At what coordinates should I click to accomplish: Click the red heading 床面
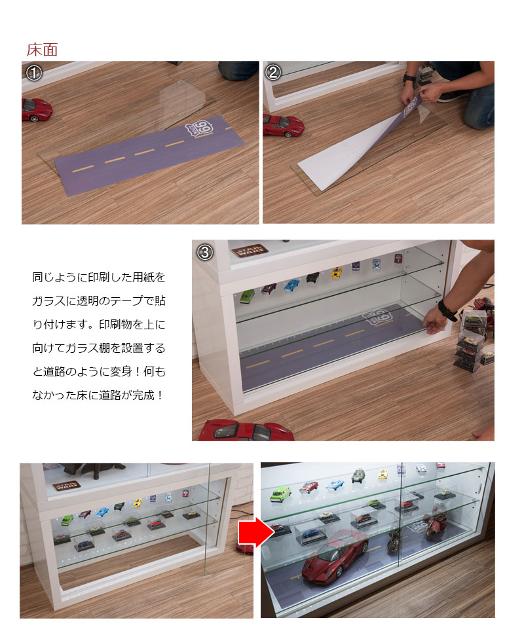[43, 50]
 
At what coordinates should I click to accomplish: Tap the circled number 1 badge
[33, 73]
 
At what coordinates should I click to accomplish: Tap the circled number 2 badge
[274, 73]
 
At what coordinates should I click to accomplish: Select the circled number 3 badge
[204, 251]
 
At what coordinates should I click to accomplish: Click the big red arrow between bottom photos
[255, 533]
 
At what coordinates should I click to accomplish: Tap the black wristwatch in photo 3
[447, 310]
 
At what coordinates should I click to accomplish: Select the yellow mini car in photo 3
[336, 272]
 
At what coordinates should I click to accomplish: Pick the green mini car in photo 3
[247, 296]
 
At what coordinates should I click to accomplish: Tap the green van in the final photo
[280, 493]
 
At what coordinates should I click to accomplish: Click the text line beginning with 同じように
[99, 277]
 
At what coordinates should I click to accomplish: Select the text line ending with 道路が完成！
[99, 395]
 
